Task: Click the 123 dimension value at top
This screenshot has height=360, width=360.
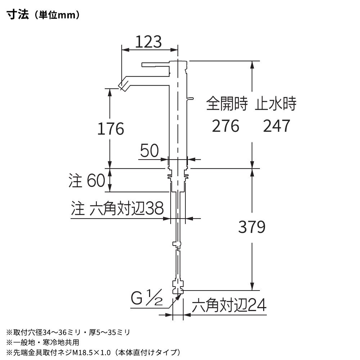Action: coord(148,42)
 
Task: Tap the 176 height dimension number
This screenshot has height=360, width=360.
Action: coord(111,129)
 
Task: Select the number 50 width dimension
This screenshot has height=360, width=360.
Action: coord(149,150)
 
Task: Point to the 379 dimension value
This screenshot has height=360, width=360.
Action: coord(252,227)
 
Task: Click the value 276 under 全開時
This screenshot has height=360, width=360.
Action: coord(225,126)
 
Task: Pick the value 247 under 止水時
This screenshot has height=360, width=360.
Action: coord(276,126)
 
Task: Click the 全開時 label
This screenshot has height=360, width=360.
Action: coord(227,104)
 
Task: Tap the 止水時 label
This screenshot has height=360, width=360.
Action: coord(275,104)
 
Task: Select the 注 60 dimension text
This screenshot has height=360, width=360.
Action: coord(87,180)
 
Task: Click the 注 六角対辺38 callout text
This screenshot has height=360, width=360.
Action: coord(117,208)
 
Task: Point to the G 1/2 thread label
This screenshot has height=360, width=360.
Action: coord(147,298)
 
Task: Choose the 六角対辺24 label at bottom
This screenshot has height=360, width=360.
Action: coord(229,305)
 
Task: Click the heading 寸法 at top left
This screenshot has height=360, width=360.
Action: coord(18,15)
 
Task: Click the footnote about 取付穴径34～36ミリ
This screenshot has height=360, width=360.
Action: coord(68,332)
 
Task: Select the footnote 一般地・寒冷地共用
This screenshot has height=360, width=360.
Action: coord(43,342)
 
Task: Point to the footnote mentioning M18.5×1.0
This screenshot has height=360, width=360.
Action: coord(94,352)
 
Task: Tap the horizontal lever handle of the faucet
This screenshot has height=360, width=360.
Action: coord(156,64)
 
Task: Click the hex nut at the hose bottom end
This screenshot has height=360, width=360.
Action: coord(178,287)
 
